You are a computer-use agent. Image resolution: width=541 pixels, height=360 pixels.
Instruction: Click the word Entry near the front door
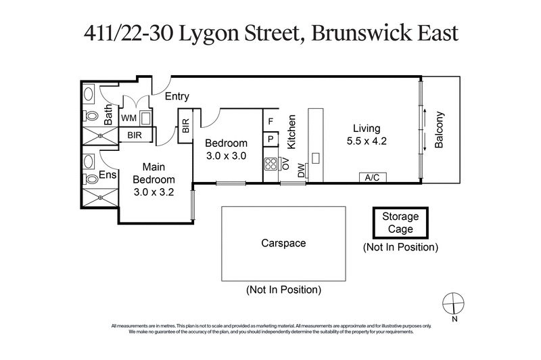tap(177, 97)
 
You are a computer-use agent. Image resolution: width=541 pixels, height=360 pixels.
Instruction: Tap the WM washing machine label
tap(129, 118)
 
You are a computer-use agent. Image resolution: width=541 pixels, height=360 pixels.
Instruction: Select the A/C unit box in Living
tap(371, 177)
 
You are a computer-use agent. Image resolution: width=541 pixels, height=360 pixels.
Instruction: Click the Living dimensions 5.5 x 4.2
tap(366, 141)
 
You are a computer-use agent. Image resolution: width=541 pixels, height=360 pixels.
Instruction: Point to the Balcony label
tap(440, 131)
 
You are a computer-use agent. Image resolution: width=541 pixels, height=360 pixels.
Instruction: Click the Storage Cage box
tap(401, 223)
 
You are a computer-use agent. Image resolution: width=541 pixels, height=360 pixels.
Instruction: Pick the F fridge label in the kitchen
tap(270, 122)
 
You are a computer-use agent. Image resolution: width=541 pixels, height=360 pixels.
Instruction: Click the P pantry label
tap(270, 140)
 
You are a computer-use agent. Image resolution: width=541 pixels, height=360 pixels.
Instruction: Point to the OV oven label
tap(285, 164)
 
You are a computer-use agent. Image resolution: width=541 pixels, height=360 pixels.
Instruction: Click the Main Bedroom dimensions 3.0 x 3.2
tap(154, 192)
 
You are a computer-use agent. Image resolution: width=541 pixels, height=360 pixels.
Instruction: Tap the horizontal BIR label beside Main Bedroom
tap(135, 135)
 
